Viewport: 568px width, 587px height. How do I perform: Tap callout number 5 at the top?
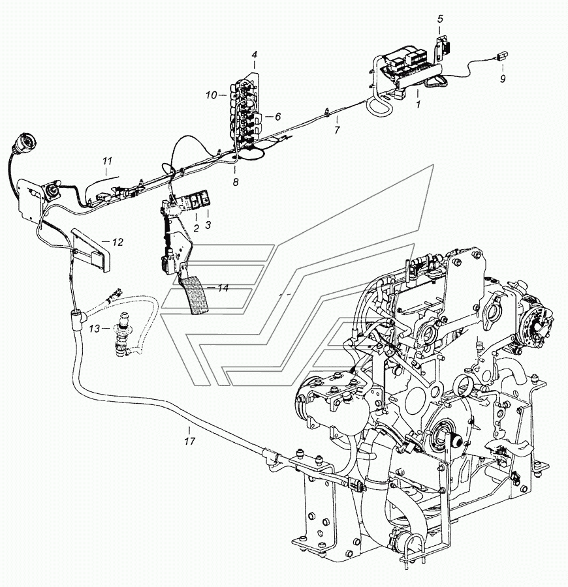[439, 18]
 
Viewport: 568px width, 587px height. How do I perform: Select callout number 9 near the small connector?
[502, 79]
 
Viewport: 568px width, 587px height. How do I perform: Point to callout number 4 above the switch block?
[255, 55]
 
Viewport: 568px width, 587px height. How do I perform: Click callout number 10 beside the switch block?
[211, 95]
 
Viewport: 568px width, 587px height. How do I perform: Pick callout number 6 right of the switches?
[277, 116]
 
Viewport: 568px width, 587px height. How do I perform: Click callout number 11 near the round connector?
[108, 160]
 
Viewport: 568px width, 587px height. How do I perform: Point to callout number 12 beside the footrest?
[117, 242]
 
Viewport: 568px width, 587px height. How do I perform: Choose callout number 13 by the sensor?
[95, 329]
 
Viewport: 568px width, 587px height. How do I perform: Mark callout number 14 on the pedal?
[223, 288]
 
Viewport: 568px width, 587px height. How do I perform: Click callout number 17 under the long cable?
[189, 441]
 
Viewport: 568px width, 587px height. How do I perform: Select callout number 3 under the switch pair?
[208, 224]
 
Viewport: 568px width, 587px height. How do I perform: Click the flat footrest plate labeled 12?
[91, 248]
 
